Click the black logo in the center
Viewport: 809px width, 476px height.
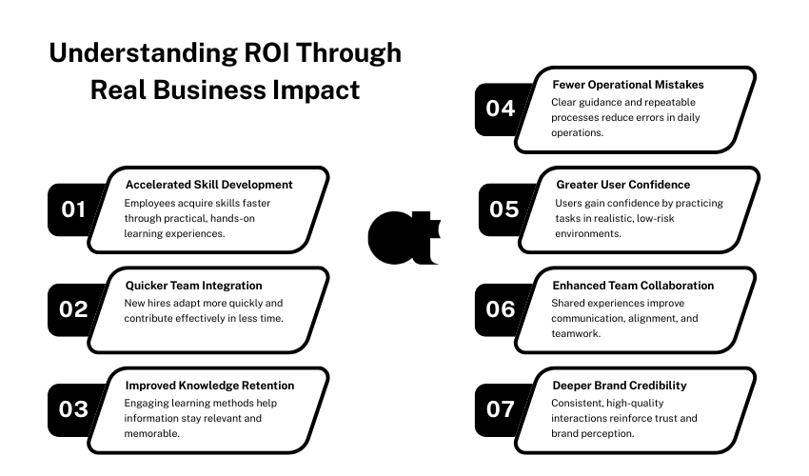point(403,238)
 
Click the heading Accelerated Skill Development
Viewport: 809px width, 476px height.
point(209,185)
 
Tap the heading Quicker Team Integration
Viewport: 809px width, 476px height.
point(193,286)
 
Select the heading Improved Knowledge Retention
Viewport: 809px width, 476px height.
point(209,386)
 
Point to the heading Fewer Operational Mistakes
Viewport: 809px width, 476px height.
point(628,85)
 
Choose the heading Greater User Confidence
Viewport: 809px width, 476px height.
point(622,185)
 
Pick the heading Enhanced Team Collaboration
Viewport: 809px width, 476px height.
point(633,286)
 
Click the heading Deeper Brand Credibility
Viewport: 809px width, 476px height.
point(620,386)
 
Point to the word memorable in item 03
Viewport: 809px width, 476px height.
point(151,434)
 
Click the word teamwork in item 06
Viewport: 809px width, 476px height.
point(576,333)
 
